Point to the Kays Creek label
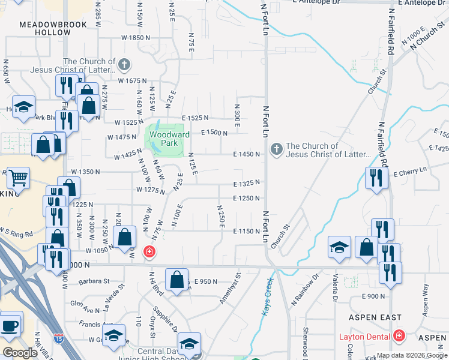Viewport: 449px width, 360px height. coord(268,295)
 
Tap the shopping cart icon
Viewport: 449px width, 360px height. coord(18,177)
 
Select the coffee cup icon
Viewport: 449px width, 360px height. coord(10,325)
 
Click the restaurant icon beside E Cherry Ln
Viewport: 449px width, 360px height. coord(376,178)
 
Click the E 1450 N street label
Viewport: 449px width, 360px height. coord(247,154)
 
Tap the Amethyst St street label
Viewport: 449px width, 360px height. coord(231,289)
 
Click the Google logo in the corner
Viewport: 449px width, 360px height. coord(20,353)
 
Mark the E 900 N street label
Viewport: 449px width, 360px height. coord(373,296)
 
